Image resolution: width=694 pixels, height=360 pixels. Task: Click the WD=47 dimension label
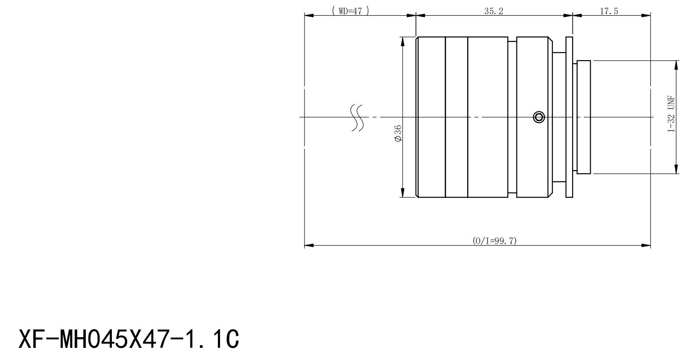coord(350,11)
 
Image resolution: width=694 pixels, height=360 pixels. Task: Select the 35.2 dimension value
coord(494,11)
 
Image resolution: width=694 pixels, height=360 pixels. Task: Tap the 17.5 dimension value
coord(609,11)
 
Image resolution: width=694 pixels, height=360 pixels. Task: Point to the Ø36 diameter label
coord(398,133)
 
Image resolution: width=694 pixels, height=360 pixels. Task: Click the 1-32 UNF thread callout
coord(671,114)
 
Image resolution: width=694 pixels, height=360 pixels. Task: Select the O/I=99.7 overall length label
coord(495,241)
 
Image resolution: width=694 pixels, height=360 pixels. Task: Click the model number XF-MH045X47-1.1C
coord(129,339)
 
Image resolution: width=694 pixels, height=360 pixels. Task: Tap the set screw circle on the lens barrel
coord(539,117)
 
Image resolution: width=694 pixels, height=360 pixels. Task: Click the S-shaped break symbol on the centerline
coord(357,118)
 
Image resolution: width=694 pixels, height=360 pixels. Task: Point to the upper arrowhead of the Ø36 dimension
coord(403,41)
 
